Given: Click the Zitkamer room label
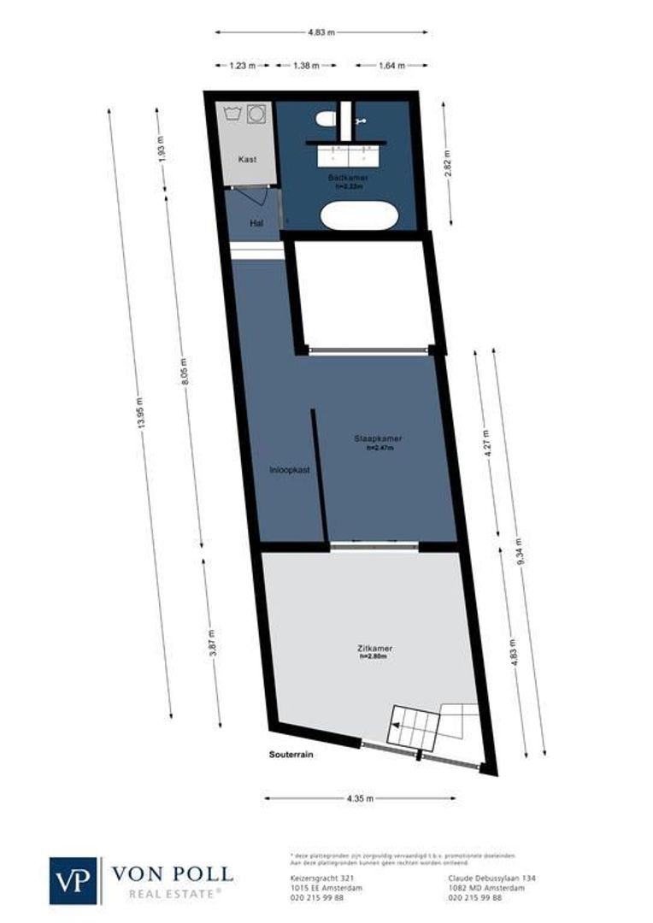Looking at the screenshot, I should click(375, 649).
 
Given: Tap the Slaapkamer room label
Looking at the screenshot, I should click(378, 438).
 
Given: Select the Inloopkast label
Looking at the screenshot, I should click(289, 469).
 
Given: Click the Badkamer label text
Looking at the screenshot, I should click(348, 177).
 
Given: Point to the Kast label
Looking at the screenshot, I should click(247, 159).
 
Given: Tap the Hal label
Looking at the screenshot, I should click(256, 223).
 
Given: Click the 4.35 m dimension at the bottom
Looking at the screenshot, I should click(360, 798).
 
